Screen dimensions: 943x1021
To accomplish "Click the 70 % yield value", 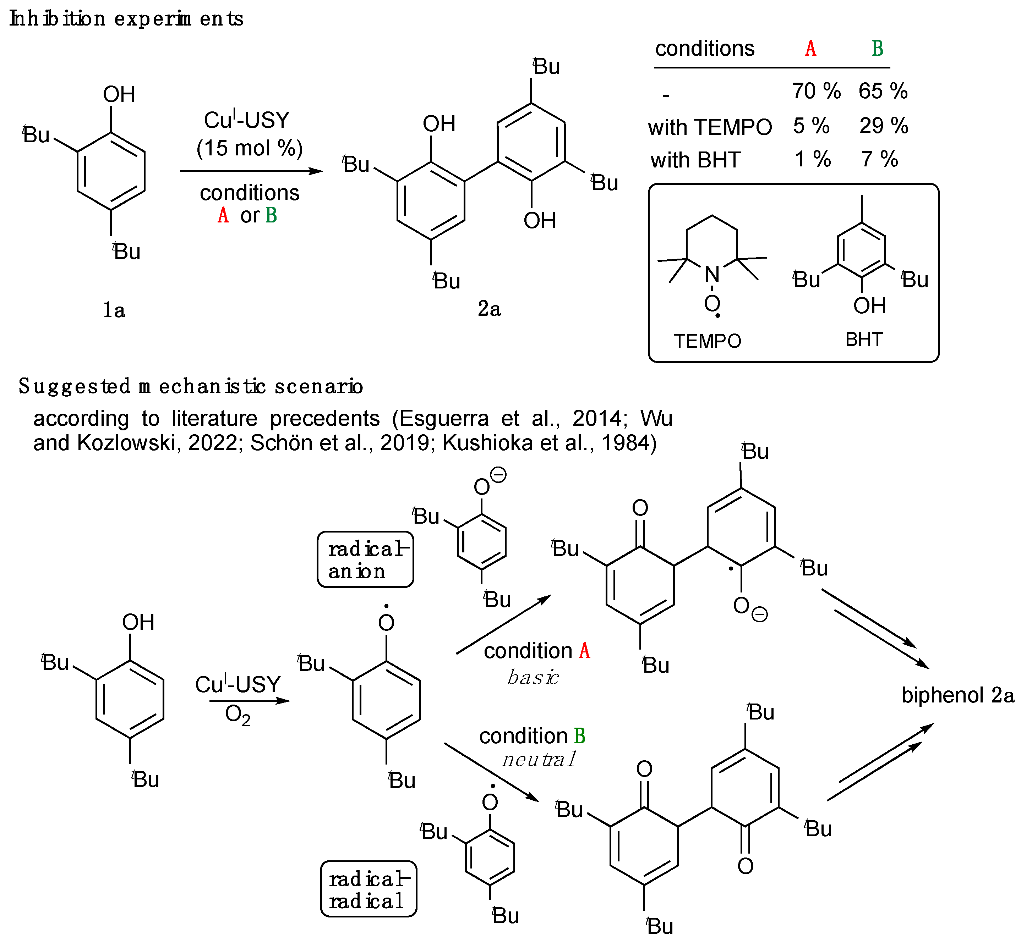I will click(x=816, y=91).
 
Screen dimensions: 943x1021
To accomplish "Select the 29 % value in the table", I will click(x=884, y=126).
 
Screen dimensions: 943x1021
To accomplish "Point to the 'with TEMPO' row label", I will click(x=710, y=127).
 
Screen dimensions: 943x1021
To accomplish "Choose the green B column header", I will click(x=877, y=49).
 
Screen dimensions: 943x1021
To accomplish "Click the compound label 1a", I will click(x=114, y=310).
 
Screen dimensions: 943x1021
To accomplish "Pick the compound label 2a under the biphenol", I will click(x=489, y=309).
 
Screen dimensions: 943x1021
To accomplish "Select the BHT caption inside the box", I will click(x=864, y=339).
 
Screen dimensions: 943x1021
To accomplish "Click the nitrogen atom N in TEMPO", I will click(x=712, y=275).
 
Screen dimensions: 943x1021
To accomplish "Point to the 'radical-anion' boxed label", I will click(x=366, y=560).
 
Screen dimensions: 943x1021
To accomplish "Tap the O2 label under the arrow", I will click(x=237, y=716).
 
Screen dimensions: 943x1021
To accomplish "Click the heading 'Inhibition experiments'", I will click(x=126, y=19).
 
